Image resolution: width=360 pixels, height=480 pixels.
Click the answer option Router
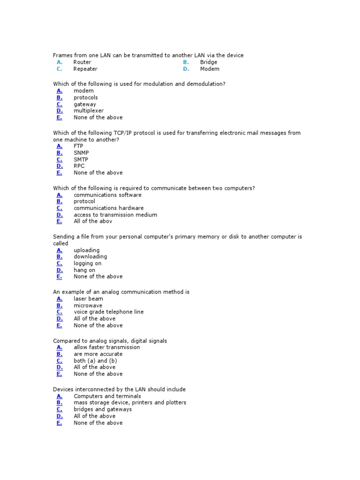82,62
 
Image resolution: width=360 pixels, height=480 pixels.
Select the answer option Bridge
208,62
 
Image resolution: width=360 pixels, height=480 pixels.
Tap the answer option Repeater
85,69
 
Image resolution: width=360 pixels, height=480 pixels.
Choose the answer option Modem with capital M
210,69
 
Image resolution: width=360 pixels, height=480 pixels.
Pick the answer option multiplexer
89,111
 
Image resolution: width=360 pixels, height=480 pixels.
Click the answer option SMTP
81,159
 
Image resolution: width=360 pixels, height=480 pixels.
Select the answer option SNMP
81,153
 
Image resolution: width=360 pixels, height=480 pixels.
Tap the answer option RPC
79,166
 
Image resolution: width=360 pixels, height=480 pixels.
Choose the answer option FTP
78,146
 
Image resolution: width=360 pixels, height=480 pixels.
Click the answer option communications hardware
108,208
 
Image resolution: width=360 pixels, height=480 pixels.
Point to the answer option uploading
86,250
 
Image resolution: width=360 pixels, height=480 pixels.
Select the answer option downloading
90,257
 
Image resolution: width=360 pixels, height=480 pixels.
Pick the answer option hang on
84,270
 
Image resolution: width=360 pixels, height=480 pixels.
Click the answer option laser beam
88,299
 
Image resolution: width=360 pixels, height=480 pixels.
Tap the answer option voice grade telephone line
108,312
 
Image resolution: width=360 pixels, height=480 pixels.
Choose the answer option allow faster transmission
106,347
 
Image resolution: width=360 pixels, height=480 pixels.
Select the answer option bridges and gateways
103,409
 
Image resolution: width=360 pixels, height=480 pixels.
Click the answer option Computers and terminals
107,396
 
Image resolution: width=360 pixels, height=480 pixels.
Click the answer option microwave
88,306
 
